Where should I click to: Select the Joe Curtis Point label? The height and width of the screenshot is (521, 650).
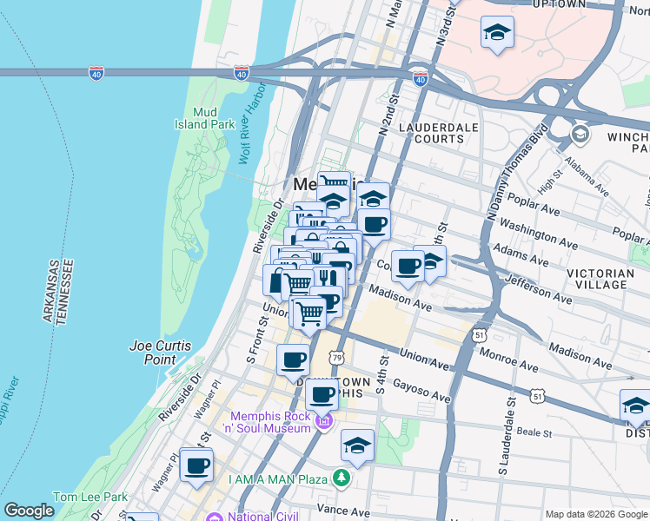tap(160, 352)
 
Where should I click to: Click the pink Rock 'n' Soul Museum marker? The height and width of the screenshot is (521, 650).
tap(324, 423)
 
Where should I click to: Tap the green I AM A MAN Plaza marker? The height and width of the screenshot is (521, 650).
tap(343, 478)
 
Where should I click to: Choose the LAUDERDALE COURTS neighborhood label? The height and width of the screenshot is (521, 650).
tap(431, 133)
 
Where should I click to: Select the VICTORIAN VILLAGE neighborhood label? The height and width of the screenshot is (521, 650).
tap(607, 278)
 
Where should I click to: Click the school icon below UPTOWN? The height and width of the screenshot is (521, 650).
tap(497, 33)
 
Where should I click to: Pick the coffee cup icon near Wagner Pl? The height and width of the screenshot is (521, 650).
tap(197, 465)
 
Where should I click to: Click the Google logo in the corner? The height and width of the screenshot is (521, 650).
tap(30, 511)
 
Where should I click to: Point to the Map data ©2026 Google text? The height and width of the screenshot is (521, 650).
tap(595, 514)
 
